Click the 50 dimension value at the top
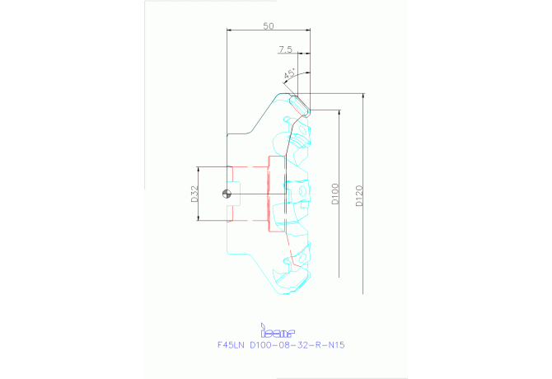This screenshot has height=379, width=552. click(x=269, y=26)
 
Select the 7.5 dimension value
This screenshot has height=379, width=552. click(x=285, y=50)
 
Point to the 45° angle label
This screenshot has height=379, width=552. click(x=290, y=75)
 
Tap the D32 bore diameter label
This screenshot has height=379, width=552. click(x=195, y=194)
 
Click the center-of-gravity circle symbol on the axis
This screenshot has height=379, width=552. click(x=227, y=194)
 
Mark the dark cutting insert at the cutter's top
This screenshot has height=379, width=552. click(x=300, y=105)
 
